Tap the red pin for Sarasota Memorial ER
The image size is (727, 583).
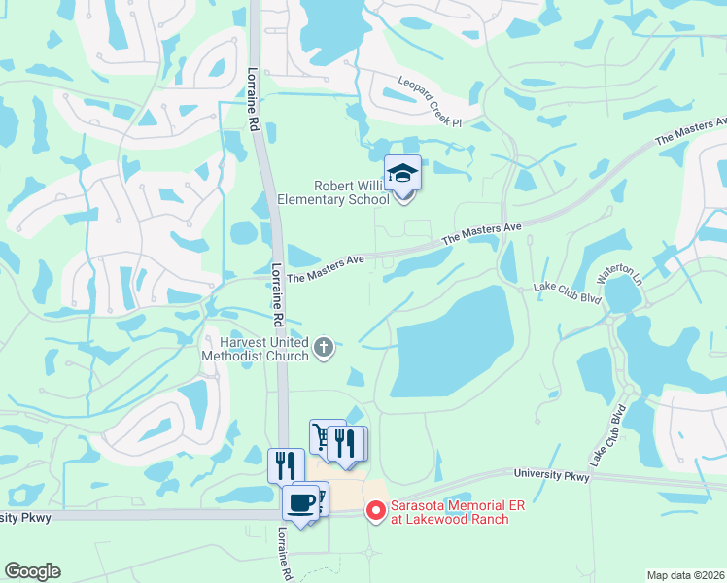point(374,510)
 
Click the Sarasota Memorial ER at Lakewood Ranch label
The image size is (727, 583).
point(449,511)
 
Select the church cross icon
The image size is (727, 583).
point(325,346)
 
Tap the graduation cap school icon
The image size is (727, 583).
point(402,174)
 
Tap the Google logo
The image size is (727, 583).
point(32,571)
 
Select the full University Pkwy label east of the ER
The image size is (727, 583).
point(551,475)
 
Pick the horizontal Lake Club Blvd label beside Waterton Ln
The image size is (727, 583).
point(568,289)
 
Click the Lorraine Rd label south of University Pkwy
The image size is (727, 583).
point(284,554)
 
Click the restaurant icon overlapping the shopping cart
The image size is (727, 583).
point(346,444)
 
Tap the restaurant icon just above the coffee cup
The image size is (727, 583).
point(285,465)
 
